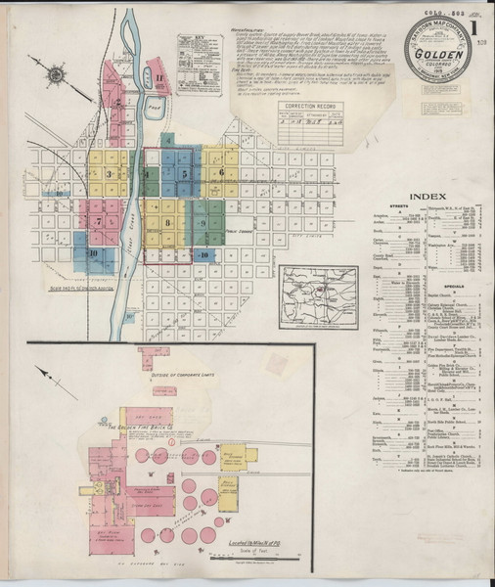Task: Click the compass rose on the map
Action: (x=55, y=73)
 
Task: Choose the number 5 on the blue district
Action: (x=184, y=173)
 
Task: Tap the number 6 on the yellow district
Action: (x=221, y=172)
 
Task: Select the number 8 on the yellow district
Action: (x=168, y=224)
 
